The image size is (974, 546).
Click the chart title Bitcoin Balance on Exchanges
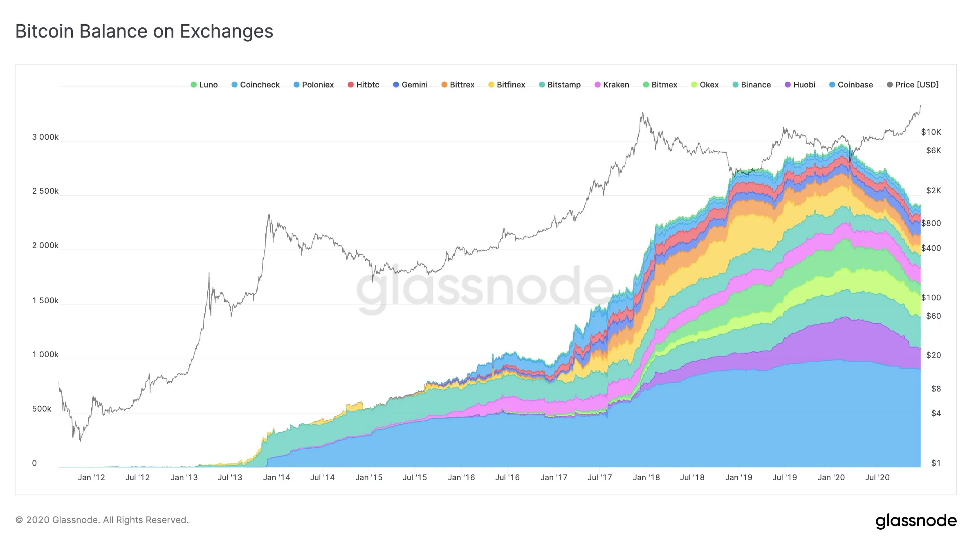(x=144, y=31)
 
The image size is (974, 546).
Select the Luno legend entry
(x=204, y=85)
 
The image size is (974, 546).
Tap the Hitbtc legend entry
(x=363, y=85)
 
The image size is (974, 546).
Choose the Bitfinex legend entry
(x=507, y=85)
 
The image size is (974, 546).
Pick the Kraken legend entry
(x=612, y=85)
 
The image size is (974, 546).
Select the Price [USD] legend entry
(x=913, y=85)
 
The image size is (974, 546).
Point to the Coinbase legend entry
(x=851, y=85)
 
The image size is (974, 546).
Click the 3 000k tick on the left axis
(x=45, y=137)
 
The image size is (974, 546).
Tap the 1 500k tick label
(x=45, y=300)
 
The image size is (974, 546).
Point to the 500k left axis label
(x=42, y=409)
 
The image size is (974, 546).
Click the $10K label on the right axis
(x=931, y=132)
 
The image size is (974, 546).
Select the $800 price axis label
(x=931, y=223)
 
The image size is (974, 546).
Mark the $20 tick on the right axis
(x=934, y=355)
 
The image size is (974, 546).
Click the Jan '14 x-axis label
(x=276, y=477)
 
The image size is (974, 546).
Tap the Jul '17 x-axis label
(x=600, y=477)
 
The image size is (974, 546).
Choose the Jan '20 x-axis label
(x=831, y=477)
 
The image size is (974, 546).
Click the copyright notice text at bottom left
(x=102, y=520)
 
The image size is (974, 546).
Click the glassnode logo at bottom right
(x=916, y=521)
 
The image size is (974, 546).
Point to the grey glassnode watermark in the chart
(x=485, y=288)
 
